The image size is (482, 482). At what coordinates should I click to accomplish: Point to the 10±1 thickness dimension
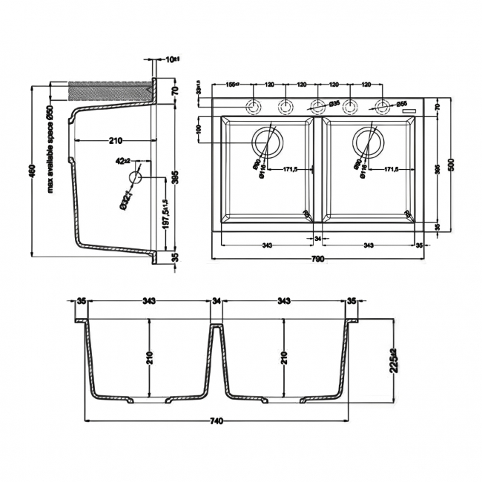(172, 58)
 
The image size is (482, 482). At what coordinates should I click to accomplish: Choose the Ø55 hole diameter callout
(402, 103)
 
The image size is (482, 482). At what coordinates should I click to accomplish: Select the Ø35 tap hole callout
(334, 103)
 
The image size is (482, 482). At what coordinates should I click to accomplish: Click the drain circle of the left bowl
(268, 142)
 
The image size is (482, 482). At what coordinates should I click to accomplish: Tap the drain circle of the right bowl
(368, 142)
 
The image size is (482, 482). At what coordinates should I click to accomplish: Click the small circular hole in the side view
(134, 178)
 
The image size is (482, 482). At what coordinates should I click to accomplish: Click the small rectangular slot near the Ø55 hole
(407, 112)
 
